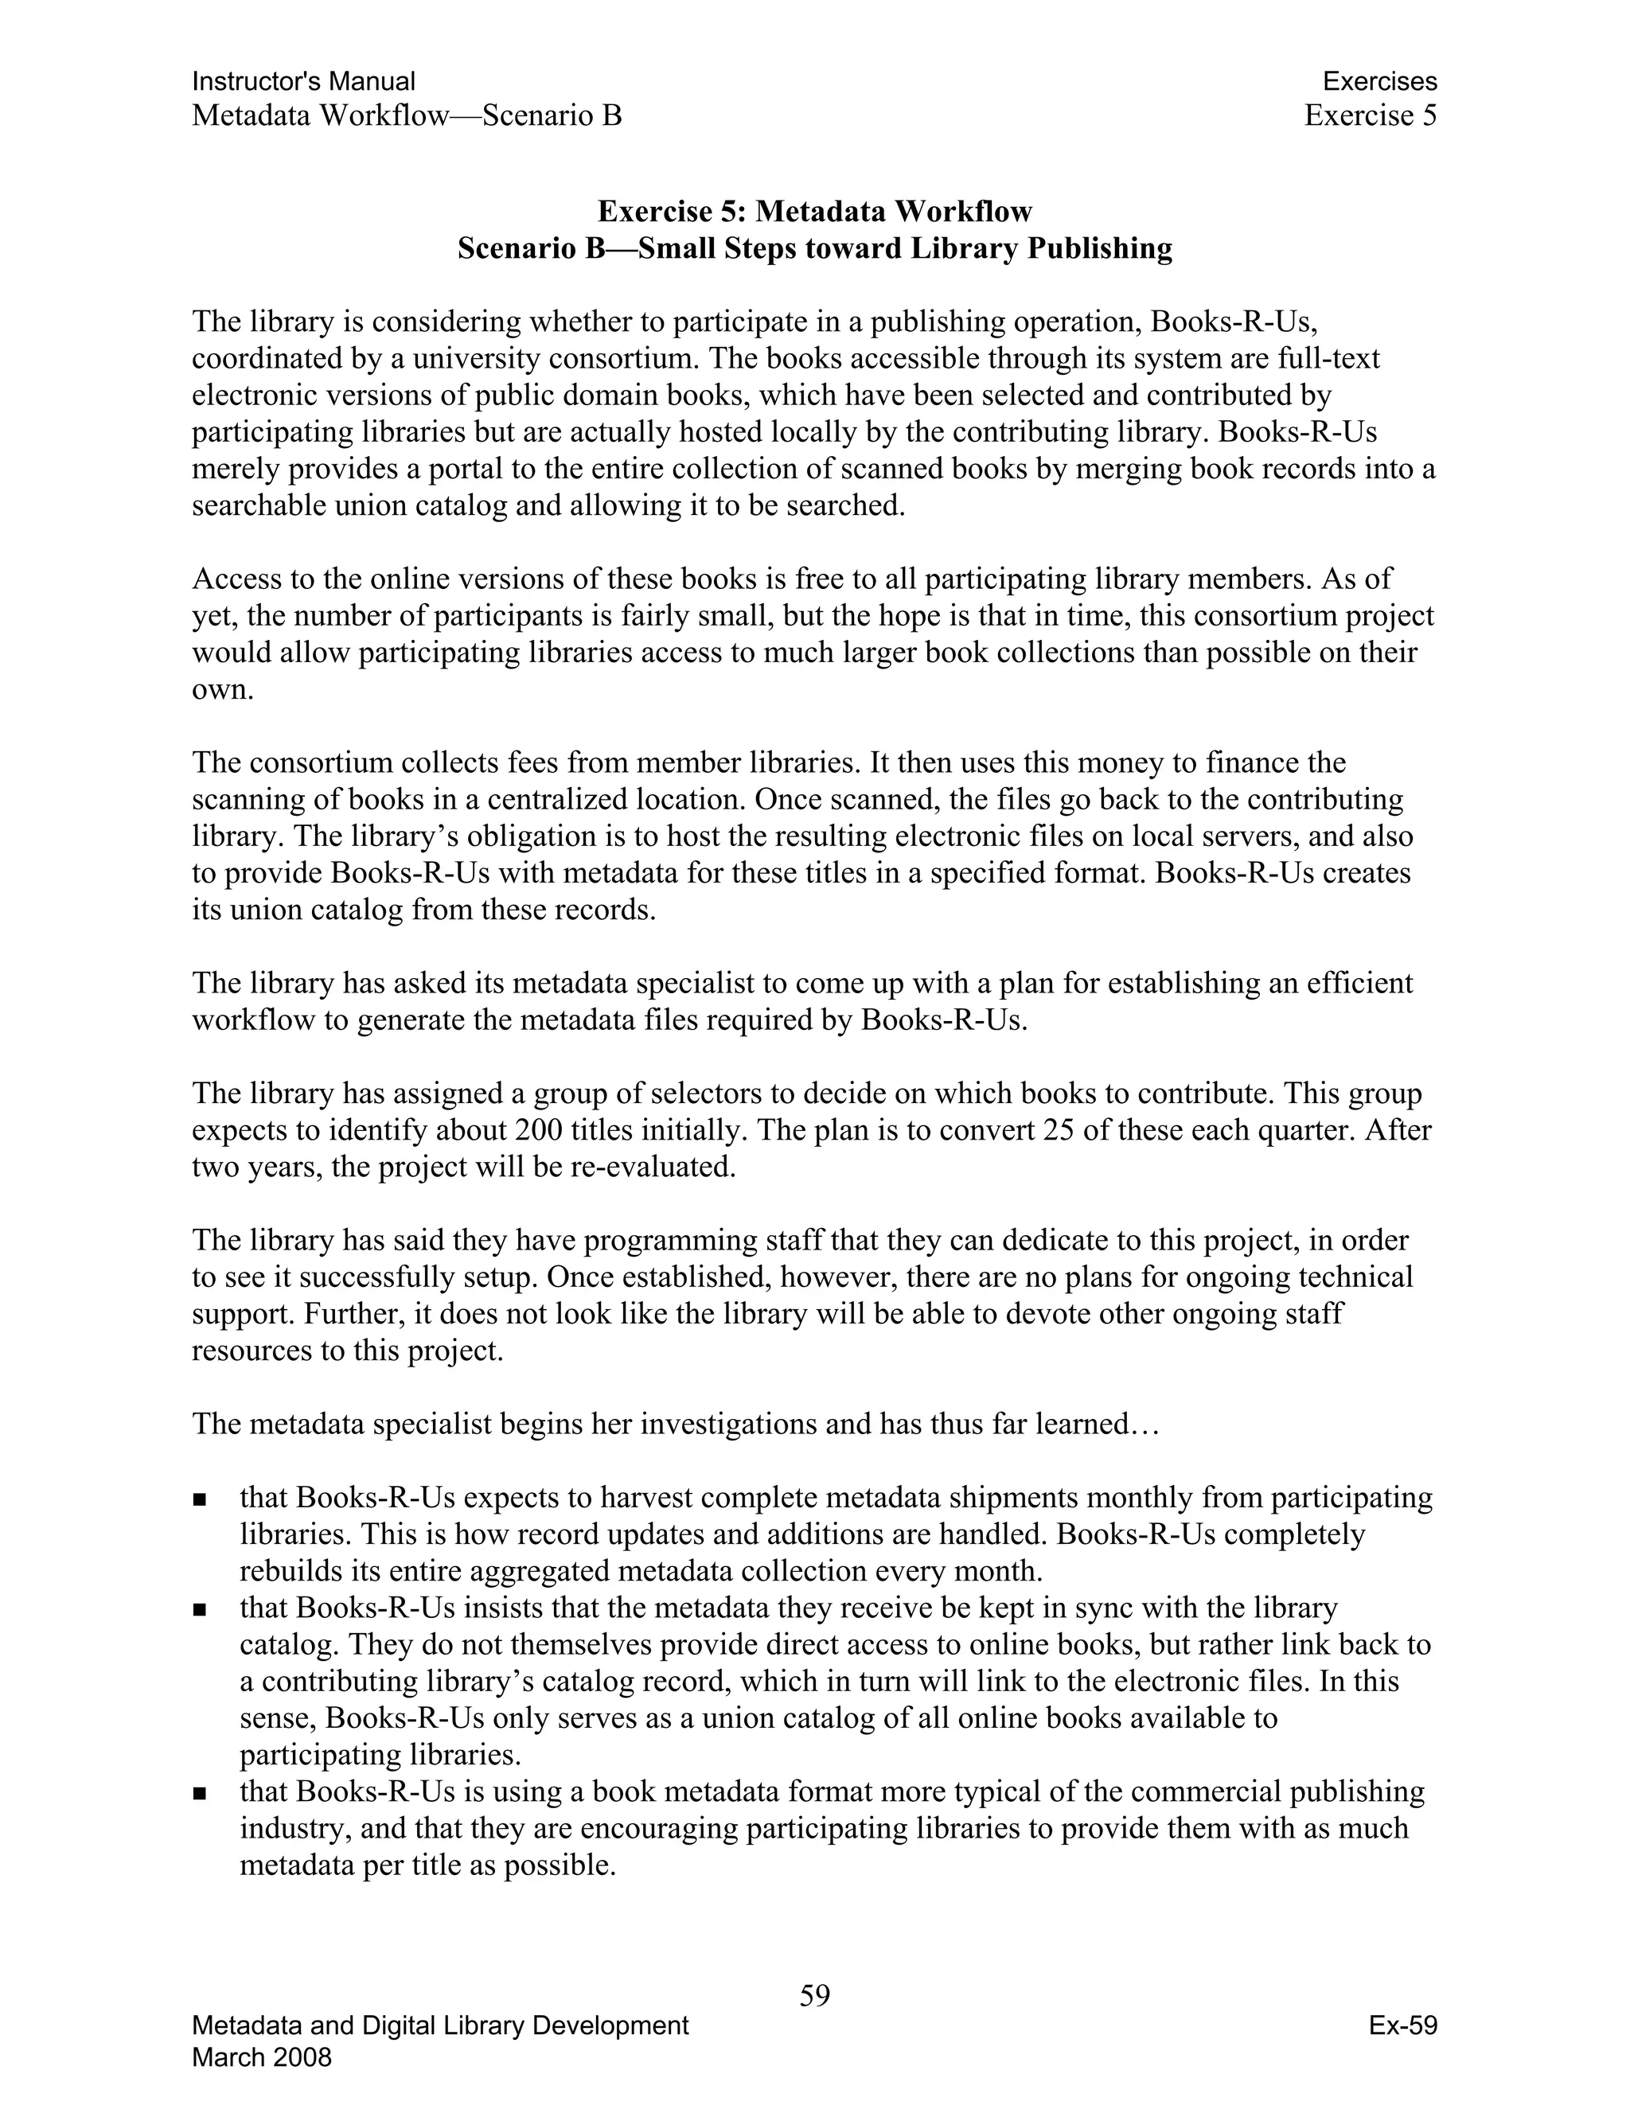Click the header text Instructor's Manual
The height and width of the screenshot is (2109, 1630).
pyautogui.click(x=303, y=81)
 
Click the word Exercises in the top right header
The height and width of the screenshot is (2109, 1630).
pyautogui.click(x=1379, y=81)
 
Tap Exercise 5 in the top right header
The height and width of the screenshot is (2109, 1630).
pyautogui.click(x=1371, y=116)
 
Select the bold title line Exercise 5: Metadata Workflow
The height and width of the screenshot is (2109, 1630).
pyautogui.click(x=814, y=211)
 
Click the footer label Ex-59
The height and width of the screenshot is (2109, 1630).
pyautogui.click(x=1402, y=2025)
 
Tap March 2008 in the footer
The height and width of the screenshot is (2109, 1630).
pyautogui.click(x=262, y=2056)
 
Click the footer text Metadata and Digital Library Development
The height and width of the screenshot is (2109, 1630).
pyautogui.click(x=440, y=2025)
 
